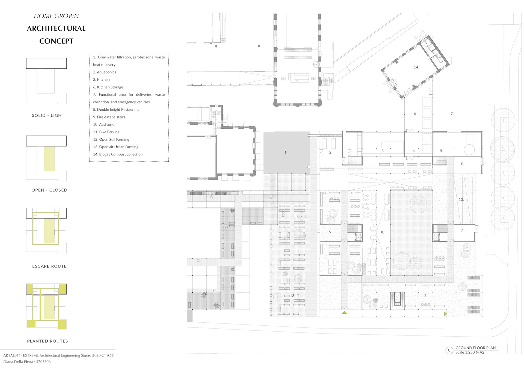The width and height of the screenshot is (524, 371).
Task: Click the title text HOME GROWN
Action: (56, 16)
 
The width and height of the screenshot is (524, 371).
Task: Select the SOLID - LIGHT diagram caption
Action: (48, 116)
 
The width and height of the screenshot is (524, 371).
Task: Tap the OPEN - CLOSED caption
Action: (49, 190)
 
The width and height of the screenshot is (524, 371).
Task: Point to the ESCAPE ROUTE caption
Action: (49, 266)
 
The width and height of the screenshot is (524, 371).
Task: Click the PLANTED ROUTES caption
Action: (47, 341)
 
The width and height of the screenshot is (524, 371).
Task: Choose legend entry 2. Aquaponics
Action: (105, 72)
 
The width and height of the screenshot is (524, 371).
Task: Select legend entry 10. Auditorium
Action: (105, 125)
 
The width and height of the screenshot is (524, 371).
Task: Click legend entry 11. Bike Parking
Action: (106, 132)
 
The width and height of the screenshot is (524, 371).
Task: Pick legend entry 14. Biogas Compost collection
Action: (118, 154)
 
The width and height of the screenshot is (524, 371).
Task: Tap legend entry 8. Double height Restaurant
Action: (116, 110)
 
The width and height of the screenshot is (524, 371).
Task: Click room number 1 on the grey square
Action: (286, 152)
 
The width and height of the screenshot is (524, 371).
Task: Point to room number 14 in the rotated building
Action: (416, 67)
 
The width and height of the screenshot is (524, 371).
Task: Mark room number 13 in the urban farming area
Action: (292, 296)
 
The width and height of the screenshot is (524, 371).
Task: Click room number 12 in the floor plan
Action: (424, 296)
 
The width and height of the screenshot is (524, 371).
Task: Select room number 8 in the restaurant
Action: (382, 232)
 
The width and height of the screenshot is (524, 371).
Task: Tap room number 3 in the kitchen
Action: (383, 151)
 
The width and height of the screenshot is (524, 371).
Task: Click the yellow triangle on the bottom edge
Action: (344, 312)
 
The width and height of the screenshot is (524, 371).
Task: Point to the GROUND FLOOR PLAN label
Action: (475, 348)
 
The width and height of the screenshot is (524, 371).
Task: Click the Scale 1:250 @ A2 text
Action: (470, 352)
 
